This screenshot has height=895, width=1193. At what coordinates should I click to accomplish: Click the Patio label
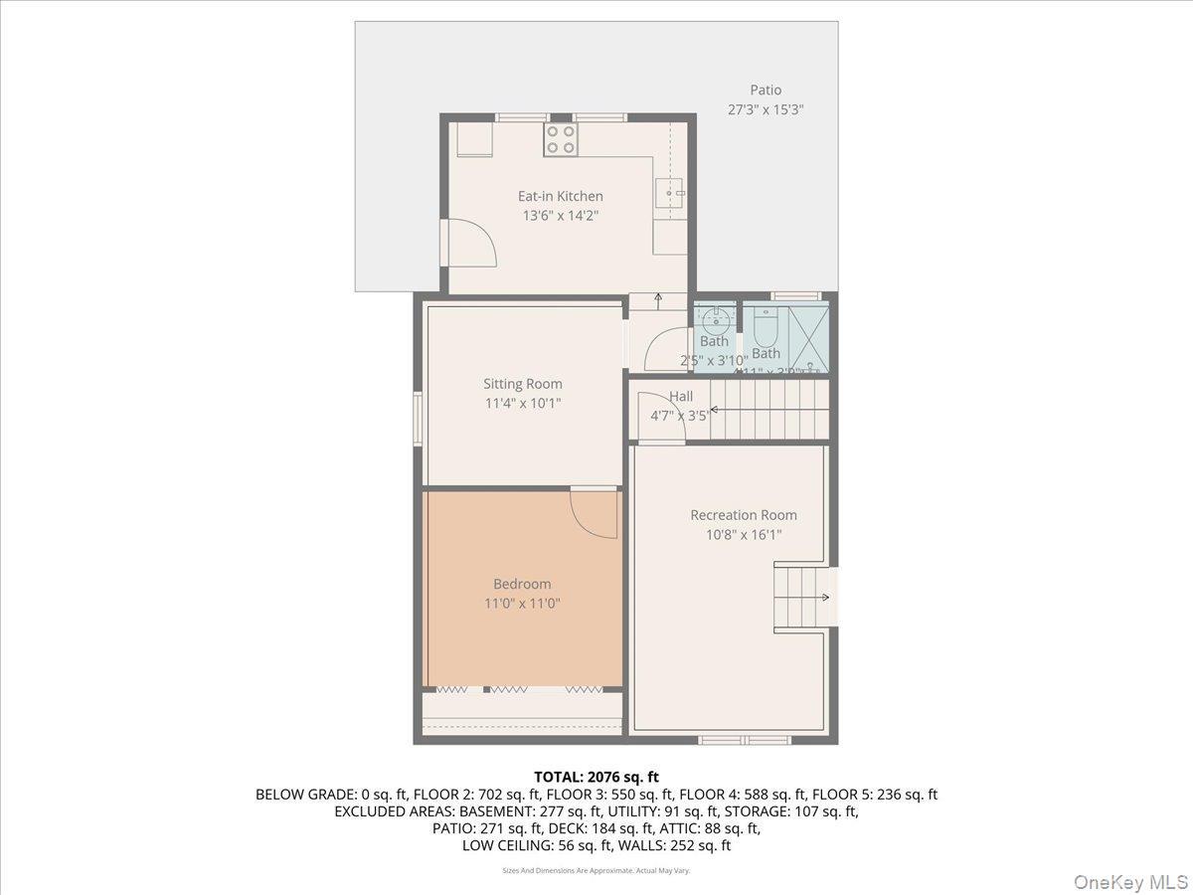click(x=766, y=90)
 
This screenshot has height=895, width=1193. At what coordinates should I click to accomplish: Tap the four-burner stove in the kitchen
click(x=561, y=139)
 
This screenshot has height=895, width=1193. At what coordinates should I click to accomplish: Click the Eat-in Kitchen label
click(x=560, y=196)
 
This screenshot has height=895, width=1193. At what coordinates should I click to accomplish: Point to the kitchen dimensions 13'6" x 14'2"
click(x=560, y=215)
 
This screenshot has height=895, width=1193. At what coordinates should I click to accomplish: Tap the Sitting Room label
click(x=522, y=384)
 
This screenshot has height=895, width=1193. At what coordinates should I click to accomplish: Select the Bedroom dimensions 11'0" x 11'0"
click(x=522, y=603)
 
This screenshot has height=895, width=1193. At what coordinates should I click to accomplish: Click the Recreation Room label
click(x=744, y=515)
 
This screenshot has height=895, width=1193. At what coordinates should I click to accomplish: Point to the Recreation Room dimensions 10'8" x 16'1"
click(x=744, y=534)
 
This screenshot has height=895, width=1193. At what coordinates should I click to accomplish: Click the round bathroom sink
click(x=715, y=320)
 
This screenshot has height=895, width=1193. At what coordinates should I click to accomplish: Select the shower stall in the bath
click(x=807, y=338)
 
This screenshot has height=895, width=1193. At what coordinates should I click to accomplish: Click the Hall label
click(x=681, y=397)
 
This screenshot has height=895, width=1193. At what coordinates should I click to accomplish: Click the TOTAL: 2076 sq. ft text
click(x=596, y=777)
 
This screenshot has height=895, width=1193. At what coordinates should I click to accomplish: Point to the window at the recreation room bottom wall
click(x=745, y=739)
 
